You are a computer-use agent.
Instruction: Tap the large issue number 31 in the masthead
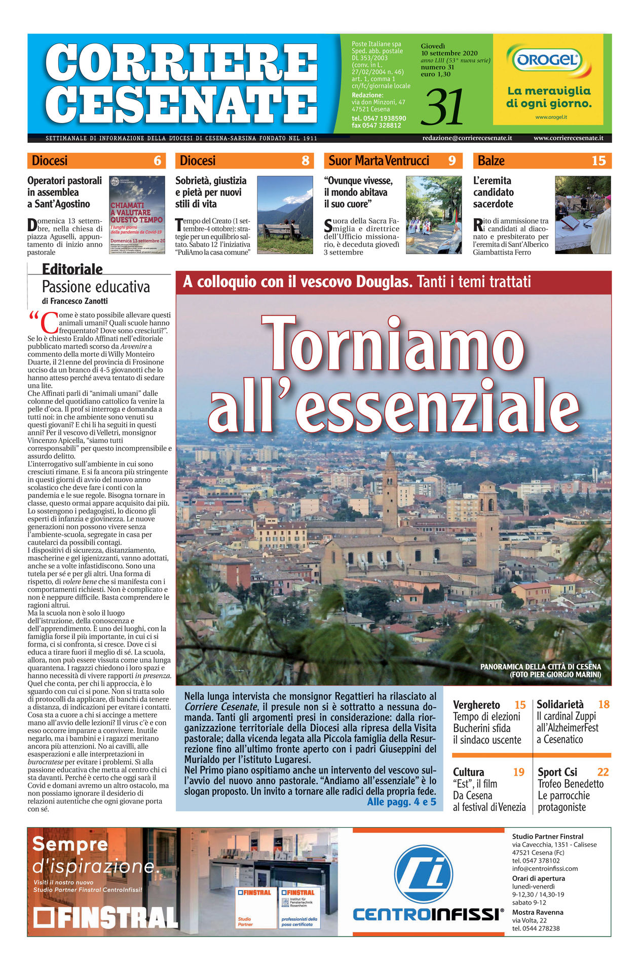[x=444, y=107]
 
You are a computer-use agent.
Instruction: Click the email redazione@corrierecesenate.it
[x=467, y=138]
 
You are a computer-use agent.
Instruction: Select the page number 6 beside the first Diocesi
[x=158, y=161]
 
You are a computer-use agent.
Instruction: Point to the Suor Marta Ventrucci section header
[x=379, y=161]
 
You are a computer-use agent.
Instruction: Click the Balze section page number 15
[x=598, y=161]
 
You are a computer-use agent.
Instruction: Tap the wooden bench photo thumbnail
[x=285, y=215]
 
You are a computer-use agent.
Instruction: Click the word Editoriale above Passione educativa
[x=72, y=269]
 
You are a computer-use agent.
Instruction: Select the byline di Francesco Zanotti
[x=75, y=301]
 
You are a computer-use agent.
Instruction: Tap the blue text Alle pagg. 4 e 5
[x=401, y=801]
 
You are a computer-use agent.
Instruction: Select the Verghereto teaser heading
[x=476, y=705]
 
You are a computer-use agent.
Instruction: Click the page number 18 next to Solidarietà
[x=604, y=704]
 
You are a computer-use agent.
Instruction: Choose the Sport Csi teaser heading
[x=557, y=772]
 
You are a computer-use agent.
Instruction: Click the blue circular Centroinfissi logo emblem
[x=424, y=874]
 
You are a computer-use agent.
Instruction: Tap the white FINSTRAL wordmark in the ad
[x=106, y=918]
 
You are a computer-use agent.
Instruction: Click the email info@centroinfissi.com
[x=545, y=869]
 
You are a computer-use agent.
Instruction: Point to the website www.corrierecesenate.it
[x=568, y=138]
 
